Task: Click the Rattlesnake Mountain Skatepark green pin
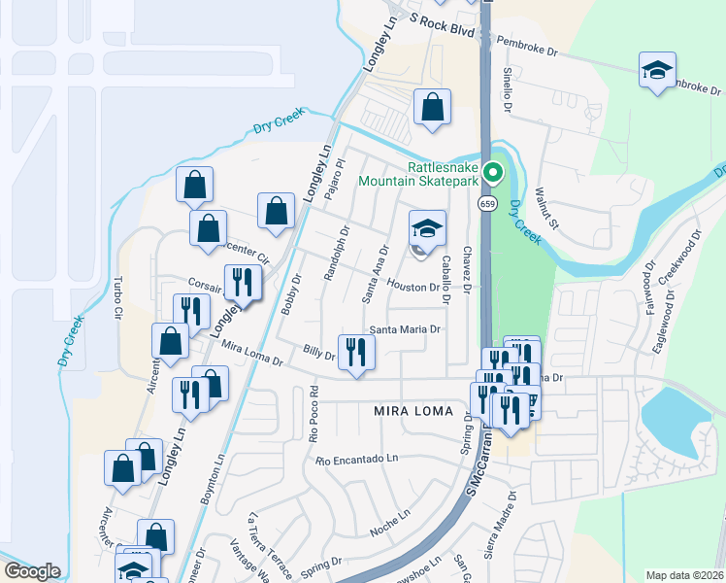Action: click(x=493, y=174)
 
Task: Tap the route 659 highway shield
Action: click(x=486, y=204)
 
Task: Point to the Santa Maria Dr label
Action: click(x=405, y=329)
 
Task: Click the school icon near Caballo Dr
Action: click(x=427, y=229)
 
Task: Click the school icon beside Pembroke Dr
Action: click(x=657, y=70)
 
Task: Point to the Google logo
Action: click(x=32, y=571)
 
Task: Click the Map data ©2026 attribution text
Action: click(x=684, y=575)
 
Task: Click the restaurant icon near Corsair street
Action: click(x=239, y=283)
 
